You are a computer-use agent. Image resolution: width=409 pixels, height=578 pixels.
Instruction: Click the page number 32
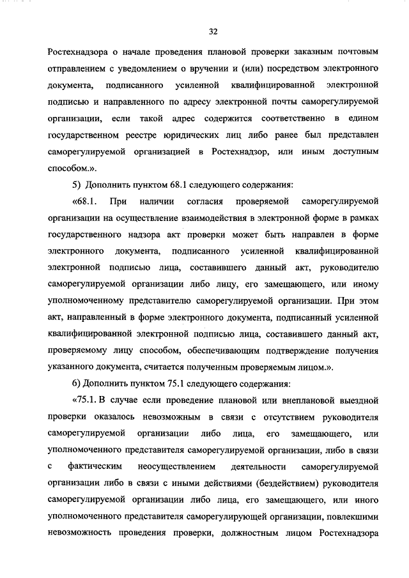pyautogui.click(x=213, y=30)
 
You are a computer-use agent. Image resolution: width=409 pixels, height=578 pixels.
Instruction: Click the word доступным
pyautogui.click(x=353, y=151)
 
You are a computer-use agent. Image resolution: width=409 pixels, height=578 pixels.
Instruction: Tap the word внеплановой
pyautogui.click(x=307, y=400)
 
